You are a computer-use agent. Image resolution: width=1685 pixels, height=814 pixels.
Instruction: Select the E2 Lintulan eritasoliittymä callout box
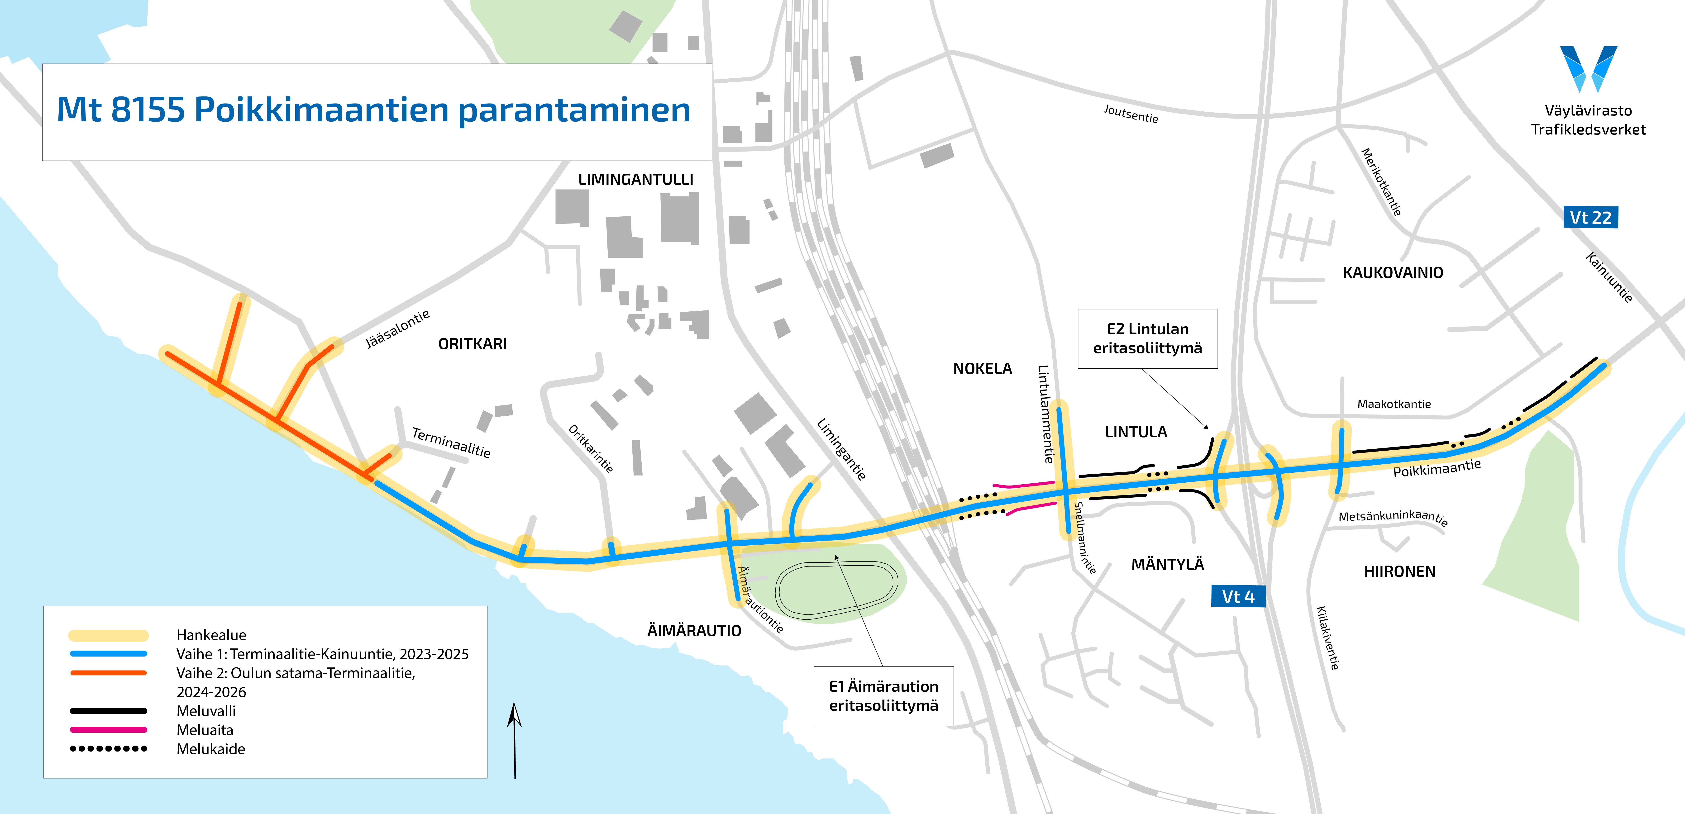point(1147,339)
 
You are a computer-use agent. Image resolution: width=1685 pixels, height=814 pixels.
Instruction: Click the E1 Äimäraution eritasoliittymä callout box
point(883,696)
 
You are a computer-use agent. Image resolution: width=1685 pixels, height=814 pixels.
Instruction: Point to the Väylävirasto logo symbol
point(1588,69)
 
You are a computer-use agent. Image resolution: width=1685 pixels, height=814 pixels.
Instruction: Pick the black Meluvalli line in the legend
point(109,711)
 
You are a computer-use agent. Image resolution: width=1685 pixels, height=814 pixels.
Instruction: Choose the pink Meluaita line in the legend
point(109,730)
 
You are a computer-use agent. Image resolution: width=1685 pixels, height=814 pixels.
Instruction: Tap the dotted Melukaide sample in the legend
point(109,749)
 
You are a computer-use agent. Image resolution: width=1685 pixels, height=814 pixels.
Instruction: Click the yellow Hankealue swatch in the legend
point(109,635)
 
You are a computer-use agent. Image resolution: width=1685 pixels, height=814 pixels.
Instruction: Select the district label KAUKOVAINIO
point(1393,273)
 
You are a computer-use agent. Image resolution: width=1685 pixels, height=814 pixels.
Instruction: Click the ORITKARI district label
point(472,344)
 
